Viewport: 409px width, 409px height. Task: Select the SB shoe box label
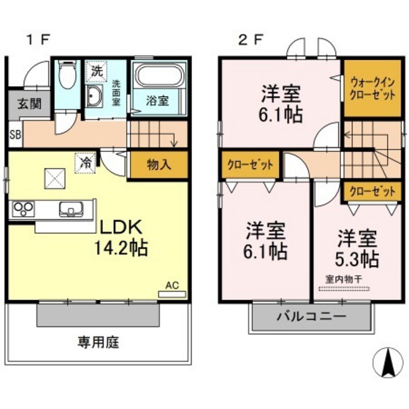(15, 134)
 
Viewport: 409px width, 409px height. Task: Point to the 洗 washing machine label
(96, 71)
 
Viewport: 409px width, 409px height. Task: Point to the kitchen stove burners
(22, 208)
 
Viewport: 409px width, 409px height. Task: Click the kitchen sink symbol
(70, 208)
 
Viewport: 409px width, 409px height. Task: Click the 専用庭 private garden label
(99, 340)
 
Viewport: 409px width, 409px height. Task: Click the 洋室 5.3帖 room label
(357, 248)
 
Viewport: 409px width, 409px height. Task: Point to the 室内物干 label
(343, 278)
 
